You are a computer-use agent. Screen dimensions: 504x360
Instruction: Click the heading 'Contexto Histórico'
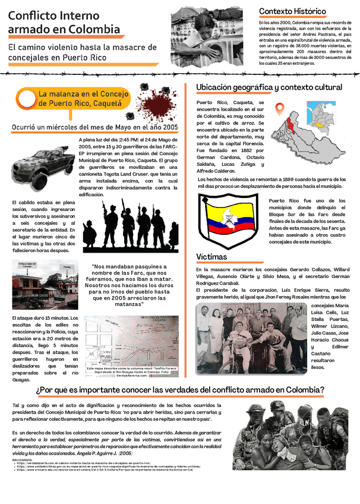(292, 11)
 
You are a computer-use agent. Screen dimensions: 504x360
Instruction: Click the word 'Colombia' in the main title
(95, 29)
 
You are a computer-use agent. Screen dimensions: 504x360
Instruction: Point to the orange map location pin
(280, 110)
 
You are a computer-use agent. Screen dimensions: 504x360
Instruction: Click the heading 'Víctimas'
(211, 257)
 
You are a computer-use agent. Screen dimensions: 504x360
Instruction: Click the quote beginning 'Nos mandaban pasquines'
(130, 285)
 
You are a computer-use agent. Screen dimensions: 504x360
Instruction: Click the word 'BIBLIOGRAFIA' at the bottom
(22, 459)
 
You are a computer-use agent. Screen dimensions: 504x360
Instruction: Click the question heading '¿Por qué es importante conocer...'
(179, 390)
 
